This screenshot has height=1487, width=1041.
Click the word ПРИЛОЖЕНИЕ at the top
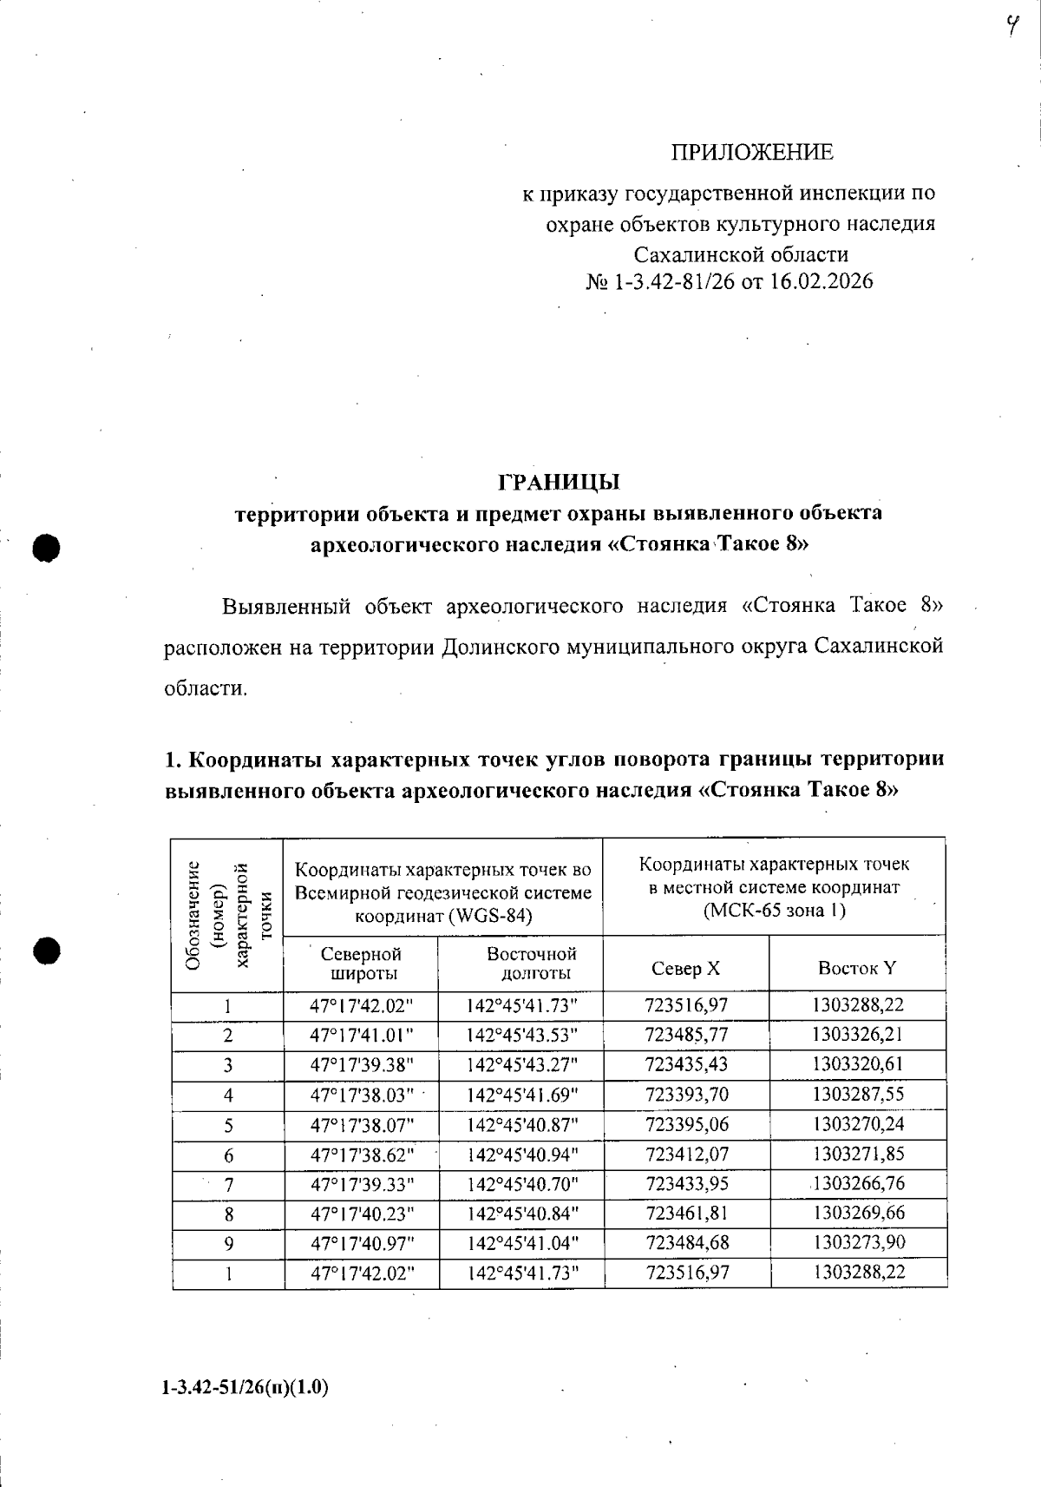(x=751, y=153)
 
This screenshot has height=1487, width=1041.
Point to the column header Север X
(x=685, y=968)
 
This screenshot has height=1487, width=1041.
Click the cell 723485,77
(x=687, y=1035)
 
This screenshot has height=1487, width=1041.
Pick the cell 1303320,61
(x=858, y=1064)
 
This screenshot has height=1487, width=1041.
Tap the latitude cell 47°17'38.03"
(x=362, y=1095)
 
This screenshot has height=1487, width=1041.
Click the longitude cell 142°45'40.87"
(x=521, y=1124)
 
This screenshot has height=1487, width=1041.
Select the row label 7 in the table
(x=228, y=1185)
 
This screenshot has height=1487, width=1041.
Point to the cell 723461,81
(x=687, y=1213)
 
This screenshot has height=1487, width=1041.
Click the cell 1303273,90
(x=858, y=1242)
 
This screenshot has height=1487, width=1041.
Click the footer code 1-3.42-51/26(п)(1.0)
(x=245, y=1387)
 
